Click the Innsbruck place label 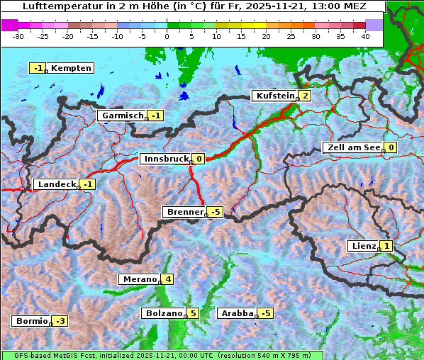click(x=164, y=159)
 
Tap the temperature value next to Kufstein click(x=305, y=96)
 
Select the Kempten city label click(x=72, y=68)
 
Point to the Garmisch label click(x=123, y=116)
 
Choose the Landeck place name click(x=56, y=184)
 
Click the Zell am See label click(x=352, y=147)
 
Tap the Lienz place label click(x=363, y=246)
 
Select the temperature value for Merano click(x=168, y=279)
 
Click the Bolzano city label click(x=164, y=313)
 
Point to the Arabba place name click(x=237, y=313)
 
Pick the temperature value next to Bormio click(x=61, y=321)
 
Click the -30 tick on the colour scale click(x=18, y=35)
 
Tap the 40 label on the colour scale click(x=365, y=35)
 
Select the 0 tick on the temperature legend click(x=167, y=35)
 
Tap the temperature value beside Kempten click(x=38, y=68)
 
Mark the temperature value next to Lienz click(x=386, y=246)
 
